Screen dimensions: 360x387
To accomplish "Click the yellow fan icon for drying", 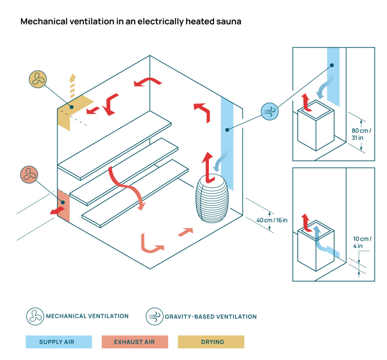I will [37, 79].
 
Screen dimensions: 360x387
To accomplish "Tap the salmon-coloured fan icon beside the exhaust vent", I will [29, 175].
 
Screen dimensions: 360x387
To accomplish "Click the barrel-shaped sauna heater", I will [212, 199].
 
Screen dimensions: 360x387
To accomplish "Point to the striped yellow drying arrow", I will [72, 87].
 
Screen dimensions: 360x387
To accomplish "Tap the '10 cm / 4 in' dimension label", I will [362, 243].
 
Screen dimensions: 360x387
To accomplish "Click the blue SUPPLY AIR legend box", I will [59, 342].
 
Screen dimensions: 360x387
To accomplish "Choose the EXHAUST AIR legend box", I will [135, 342].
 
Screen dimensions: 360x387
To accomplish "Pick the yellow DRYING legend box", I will [211, 342].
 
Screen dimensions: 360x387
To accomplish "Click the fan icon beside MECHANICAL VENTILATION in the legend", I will [35, 316].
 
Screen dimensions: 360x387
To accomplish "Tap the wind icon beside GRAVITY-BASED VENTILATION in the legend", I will [155, 316].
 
